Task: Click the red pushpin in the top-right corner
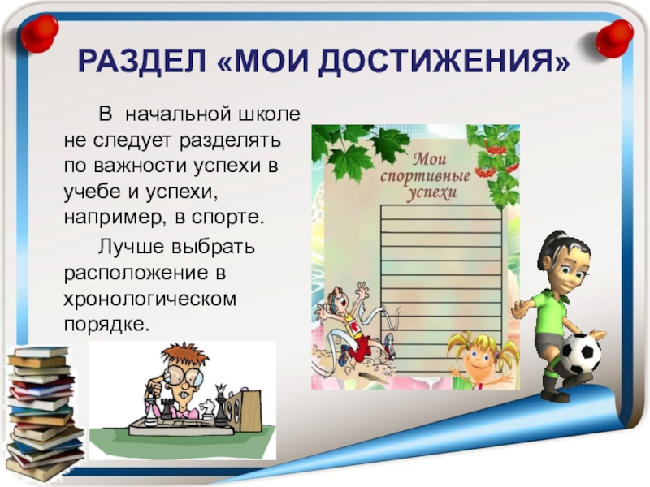tap(615, 35)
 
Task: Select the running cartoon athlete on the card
tap(349, 325)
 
